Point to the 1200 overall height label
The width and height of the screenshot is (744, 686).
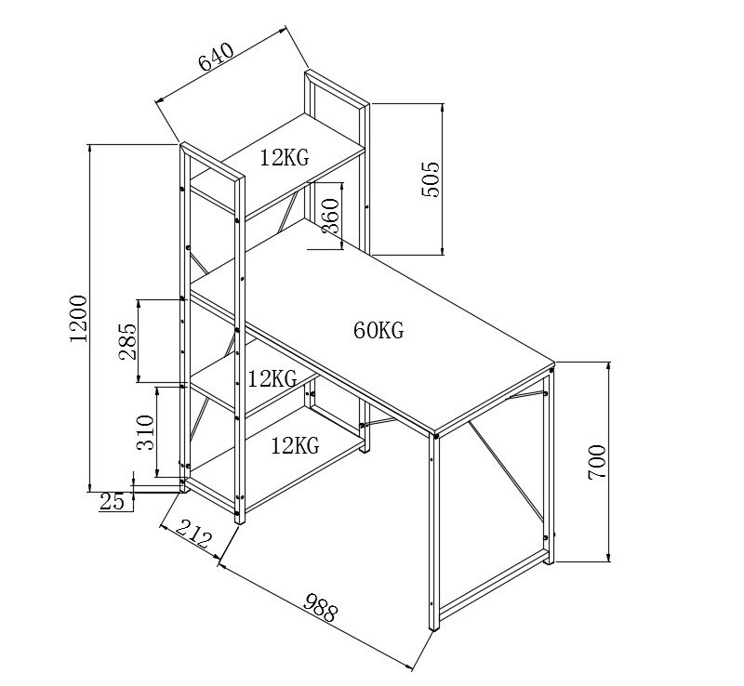click(78, 318)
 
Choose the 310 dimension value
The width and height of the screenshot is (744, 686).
click(145, 432)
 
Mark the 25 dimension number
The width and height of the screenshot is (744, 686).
click(112, 502)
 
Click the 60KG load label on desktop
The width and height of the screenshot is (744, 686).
click(378, 330)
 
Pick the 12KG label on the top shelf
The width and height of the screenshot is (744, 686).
click(284, 158)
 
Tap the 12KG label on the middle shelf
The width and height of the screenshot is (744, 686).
click(272, 378)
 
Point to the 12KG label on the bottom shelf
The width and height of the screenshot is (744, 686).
click(295, 446)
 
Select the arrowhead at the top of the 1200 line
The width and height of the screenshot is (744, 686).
click(88, 147)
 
